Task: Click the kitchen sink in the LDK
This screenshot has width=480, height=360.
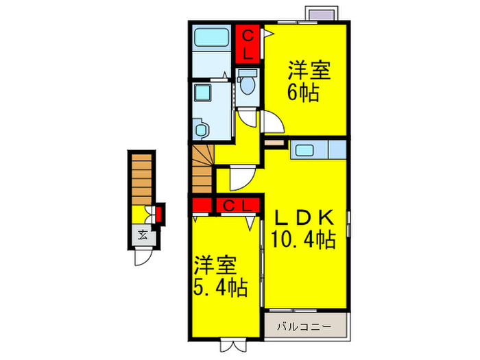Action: click(x=304, y=149)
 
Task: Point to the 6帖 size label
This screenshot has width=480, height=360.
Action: click(x=304, y=93)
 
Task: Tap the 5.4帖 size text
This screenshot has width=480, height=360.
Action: click(x=220, y=285)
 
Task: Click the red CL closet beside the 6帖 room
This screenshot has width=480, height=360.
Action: click(x=248, y=43)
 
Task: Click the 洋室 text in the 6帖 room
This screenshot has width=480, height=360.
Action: click(x=309, y=71)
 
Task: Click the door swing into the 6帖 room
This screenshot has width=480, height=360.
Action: click(x=274, y=122)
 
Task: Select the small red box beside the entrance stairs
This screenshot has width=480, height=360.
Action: click(x=159, y=213)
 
